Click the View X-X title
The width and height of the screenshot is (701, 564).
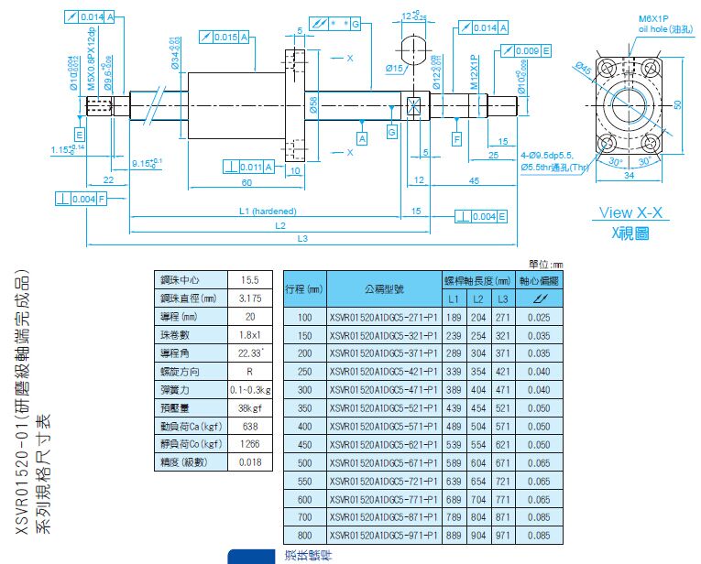630,212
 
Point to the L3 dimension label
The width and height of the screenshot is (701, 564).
301,240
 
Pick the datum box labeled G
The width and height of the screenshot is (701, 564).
392,134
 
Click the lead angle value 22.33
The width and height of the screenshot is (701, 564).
249,352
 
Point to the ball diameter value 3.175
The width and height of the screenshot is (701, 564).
248,298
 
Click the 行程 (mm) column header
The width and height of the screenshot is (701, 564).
305,288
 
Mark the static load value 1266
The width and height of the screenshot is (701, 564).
248,444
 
